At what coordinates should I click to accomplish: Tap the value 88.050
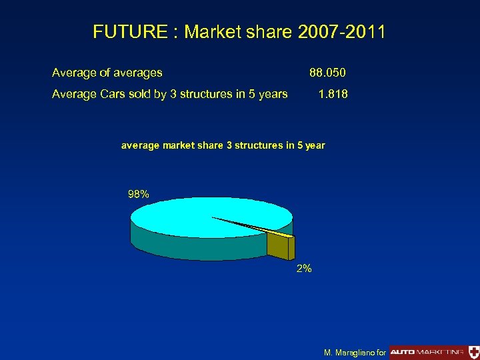click(327, 72)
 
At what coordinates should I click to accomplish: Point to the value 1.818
click(333, 94)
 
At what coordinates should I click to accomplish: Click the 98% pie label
click(138, 194)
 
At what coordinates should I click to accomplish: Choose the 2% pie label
click(303, 269)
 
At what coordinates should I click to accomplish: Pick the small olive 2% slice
click(279, 245)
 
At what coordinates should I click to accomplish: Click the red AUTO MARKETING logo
click(427, 351)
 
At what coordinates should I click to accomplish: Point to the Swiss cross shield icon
click(473, 351)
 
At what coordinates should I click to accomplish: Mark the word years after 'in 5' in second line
click(273, 94)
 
